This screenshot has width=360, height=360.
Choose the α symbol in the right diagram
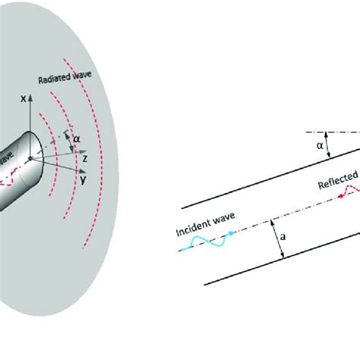(x=320, y=144)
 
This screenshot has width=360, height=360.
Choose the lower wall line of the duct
(x=281, y=261)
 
